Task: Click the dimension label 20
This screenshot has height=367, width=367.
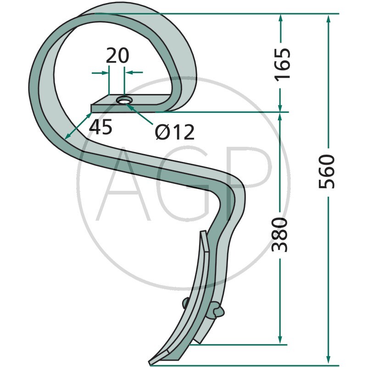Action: pos(117,56)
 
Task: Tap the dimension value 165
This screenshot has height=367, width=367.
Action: pos(283,65)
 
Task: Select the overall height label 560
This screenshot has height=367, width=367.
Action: pos(327,171)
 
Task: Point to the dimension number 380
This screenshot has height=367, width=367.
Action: pos(279,235)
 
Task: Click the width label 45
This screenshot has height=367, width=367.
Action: pos(100,127)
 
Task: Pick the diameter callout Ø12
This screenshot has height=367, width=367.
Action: pos(175,132)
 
